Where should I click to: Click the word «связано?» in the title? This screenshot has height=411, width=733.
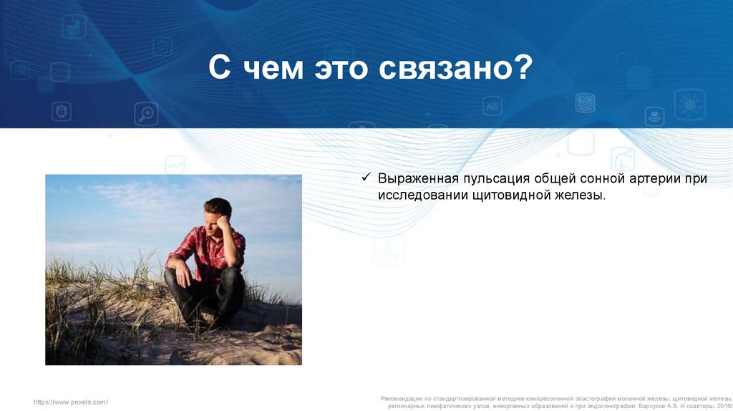click(x=455, y=68)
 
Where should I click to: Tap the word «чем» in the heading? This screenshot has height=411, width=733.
click(x=273, y=69)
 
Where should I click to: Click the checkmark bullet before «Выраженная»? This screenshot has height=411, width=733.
click(x=366, y=177)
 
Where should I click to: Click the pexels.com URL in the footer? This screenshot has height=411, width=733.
click(x=71, y=402)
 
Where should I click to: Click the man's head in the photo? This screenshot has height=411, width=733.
click(x=218, y=213)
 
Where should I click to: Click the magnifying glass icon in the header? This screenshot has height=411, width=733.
click(x=146, y=114)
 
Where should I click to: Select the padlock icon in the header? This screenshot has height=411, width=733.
click(x=62, y=111)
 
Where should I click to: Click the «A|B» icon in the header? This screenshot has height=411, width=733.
click(x=492, y=106)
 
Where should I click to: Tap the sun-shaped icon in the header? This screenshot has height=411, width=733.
click(x=689, y=105)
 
